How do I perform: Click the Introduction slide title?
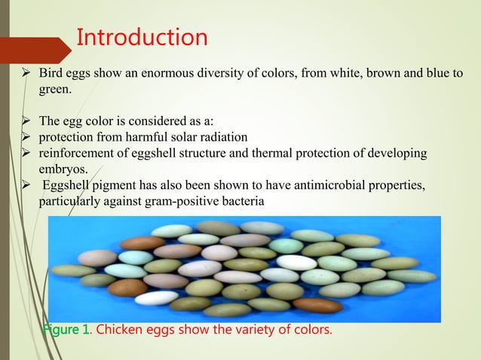click(x=142, y=37)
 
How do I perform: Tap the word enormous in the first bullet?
click(x=176, y=74)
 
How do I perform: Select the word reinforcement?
click(x=79, y=154)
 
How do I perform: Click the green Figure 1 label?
click(x=67, y=331)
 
